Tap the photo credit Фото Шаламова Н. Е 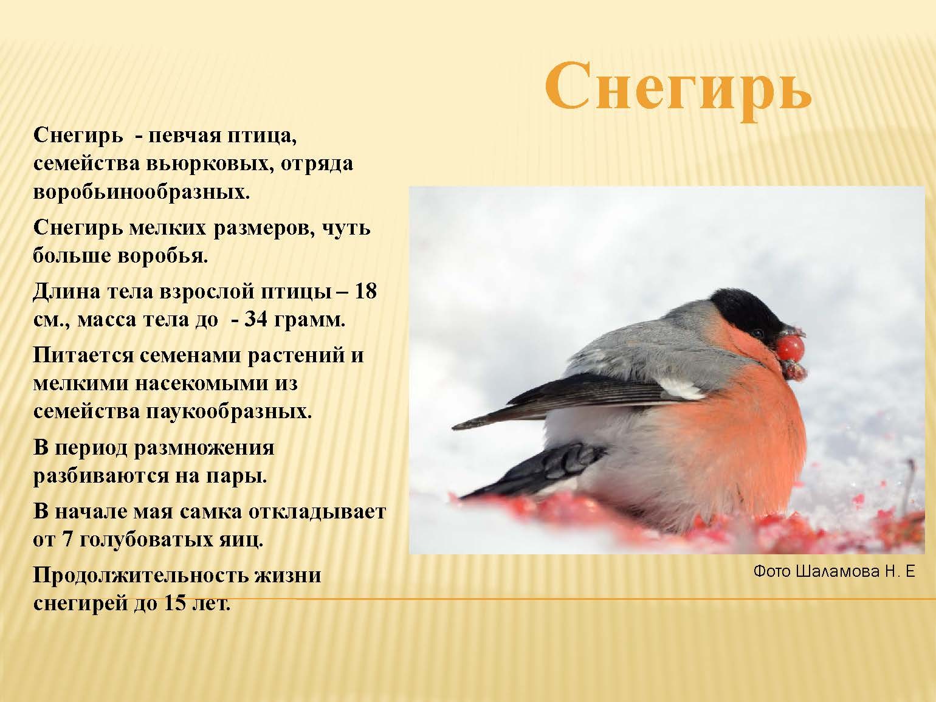(834, 571)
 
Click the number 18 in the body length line (365, 292)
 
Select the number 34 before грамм (255, 320)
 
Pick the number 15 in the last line (176, 604)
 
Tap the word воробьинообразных (141, 192)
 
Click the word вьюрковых (210, 164)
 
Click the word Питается (83, 355)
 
